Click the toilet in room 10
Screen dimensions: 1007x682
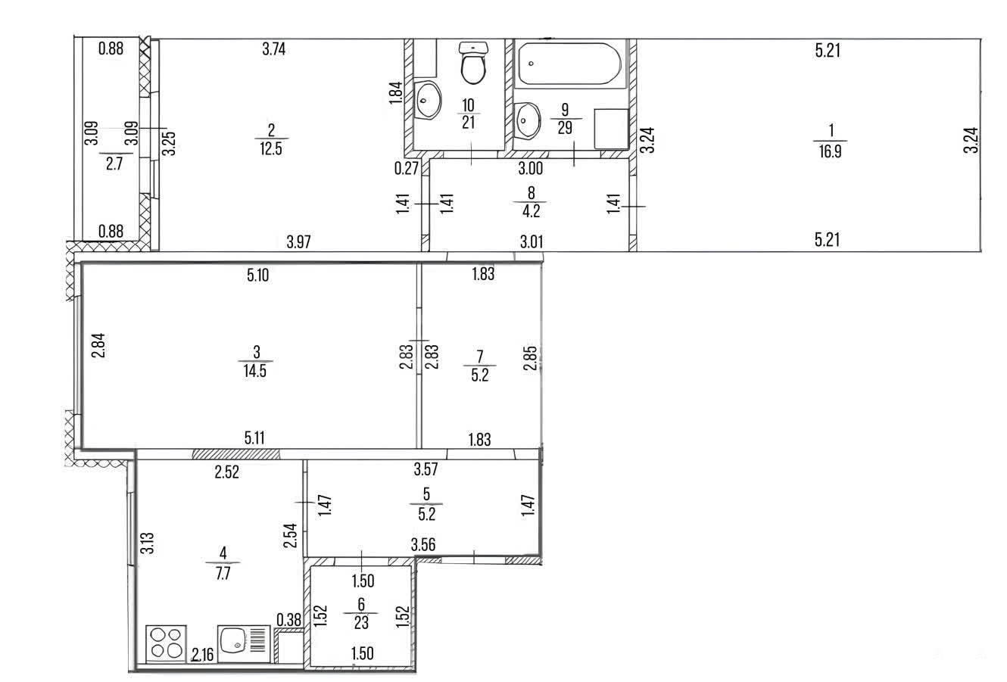pos(473,63)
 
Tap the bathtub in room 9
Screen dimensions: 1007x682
pos(570,64)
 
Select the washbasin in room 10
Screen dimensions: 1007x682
pos(427,100)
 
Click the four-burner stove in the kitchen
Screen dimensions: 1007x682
pos(167,643)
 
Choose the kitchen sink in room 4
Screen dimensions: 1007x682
pos(244,644)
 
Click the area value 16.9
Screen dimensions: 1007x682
pos(831,152)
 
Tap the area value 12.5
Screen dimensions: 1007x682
pos(270,149)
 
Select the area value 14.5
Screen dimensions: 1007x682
pos(255,371)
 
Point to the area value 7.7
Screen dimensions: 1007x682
pos(223,573)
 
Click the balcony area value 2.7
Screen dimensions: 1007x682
pos(114,163)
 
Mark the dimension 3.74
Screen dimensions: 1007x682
pos(274,49)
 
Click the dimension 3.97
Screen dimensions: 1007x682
pos(299,242)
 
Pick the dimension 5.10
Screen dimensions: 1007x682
pos(258,275)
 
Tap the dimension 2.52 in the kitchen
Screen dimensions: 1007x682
pos(226,472)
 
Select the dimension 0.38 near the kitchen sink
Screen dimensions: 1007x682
pos(288,620)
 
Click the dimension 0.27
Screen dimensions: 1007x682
pos(407,169)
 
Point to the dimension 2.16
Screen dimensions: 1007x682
pos(203,655)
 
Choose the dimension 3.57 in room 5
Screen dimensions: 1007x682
pos(426,469)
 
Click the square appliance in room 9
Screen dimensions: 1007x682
pos(611,129)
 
